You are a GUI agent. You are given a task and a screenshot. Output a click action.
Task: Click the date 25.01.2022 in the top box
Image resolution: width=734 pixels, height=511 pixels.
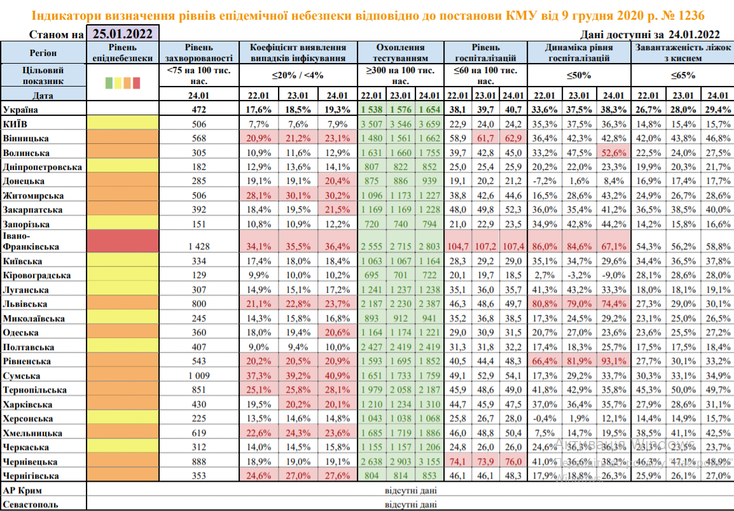[123, 34]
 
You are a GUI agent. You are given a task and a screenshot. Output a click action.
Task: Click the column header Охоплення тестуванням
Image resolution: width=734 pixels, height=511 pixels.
[400, 52]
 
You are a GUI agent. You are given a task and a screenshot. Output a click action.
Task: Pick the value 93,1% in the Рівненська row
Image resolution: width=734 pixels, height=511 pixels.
[614, 361]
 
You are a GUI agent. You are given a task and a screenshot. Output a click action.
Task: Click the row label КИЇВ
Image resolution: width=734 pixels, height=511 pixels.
[15, 123]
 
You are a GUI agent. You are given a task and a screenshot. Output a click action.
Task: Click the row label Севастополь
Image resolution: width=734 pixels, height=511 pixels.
[31, 505]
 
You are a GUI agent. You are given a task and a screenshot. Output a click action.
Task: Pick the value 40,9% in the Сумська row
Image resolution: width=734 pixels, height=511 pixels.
[336, 375]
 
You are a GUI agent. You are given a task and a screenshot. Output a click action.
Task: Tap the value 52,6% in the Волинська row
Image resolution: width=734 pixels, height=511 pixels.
[614, 153]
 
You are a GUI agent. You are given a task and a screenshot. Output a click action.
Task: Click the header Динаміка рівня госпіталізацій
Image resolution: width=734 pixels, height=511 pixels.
[579, 52]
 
